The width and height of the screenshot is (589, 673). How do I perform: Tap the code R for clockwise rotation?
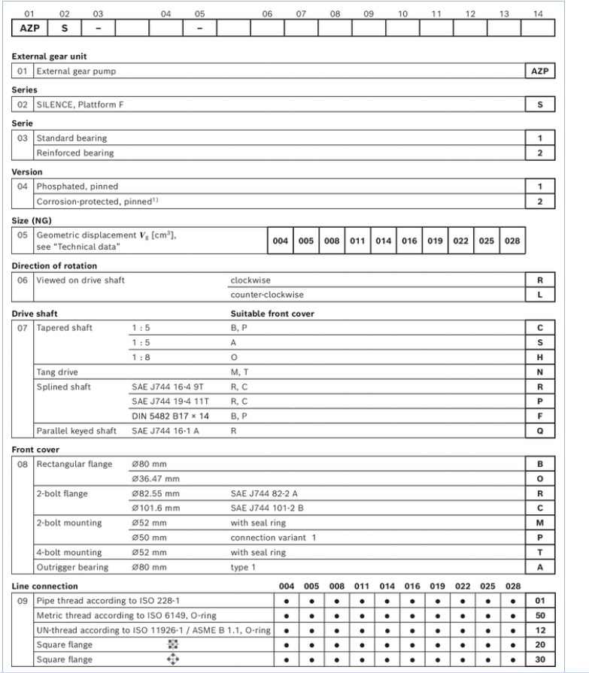click(x=539, y=280)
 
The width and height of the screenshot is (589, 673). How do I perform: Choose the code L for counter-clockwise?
click(x=539, y=295)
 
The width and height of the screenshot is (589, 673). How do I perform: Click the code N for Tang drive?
click(x=539, y=372)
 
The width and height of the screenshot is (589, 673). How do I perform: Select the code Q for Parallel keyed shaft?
click(x=539, y=431)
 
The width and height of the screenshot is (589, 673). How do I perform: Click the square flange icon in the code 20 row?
click(x=178, y=646)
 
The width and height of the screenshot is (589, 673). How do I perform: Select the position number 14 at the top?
click(x=537, y=13)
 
